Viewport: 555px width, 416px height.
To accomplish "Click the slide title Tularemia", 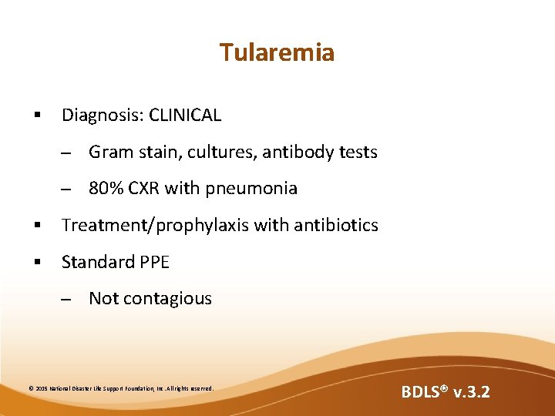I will [277, 52].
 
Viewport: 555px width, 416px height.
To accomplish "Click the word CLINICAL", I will [185, 116].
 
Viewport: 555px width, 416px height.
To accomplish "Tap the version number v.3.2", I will [471, 392].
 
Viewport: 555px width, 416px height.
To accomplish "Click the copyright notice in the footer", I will [121, 388].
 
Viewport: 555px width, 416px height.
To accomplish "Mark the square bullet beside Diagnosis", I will [36, 116].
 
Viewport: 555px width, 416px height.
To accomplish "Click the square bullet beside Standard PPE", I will [36, 263].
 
